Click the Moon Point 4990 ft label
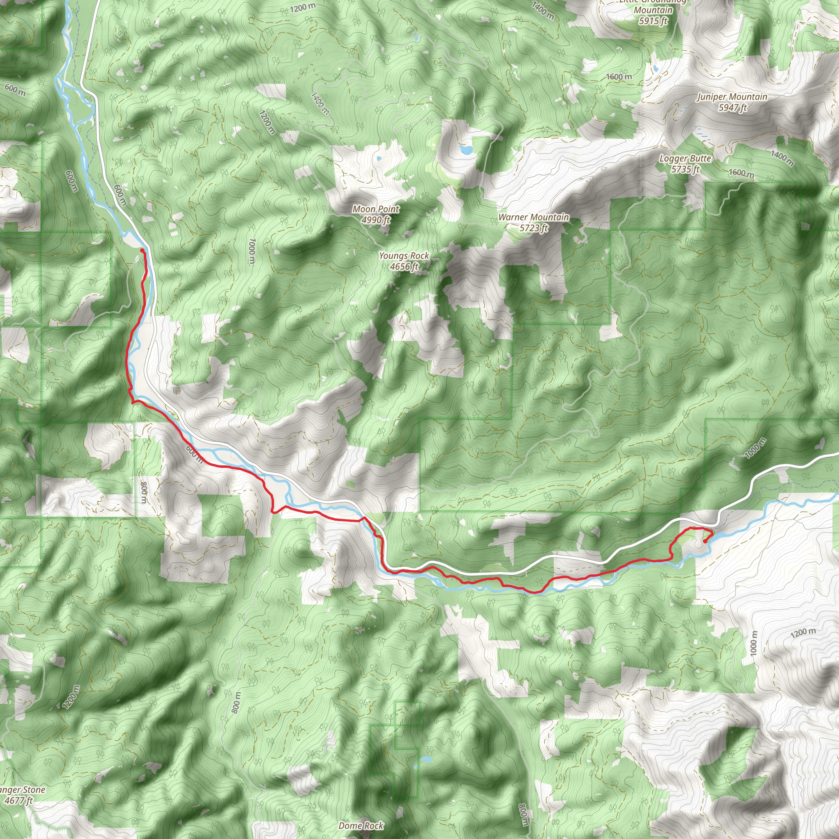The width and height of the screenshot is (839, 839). (x=376, y=215)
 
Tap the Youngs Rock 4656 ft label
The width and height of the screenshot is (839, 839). (x=404, y=261)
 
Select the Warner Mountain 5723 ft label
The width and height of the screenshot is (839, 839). (x=533, y=222)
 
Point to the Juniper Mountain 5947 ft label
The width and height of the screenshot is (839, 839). (x=732, y=102)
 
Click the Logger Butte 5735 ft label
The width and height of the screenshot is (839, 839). (x=685, y=164)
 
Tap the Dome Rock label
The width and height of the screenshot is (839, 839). (x=361, y=825)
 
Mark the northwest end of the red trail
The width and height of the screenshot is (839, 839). (x=142, y=250)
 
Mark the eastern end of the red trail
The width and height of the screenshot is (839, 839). (x=704, y=541)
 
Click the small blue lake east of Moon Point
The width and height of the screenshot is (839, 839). (x=466, y=150)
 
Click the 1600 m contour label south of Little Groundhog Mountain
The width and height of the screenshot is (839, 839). (x=619, y=77)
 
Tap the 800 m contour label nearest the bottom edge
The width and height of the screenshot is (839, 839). (x=524, y=815)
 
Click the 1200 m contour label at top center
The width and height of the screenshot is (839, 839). (x=303, y=7)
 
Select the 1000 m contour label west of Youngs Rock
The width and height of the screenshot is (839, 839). (x=252, y=251)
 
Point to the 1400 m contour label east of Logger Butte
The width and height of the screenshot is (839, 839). (x=782, y=158)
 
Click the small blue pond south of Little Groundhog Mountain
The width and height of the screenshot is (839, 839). (x=655, y=68)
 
